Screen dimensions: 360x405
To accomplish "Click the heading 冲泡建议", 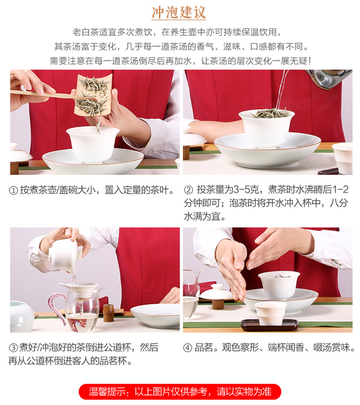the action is coord(179,12).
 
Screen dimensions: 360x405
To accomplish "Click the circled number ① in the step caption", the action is coord(13,190).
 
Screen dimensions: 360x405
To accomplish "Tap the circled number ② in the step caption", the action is coord(188,190).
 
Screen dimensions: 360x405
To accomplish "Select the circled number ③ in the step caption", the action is coord(13,348).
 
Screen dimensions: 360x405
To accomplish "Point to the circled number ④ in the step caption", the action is coord(187,348).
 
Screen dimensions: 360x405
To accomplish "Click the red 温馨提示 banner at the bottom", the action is coord(180,392).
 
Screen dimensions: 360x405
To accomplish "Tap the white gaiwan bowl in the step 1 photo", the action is coord(93,144).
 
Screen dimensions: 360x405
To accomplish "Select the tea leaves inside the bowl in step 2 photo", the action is coord(270,113).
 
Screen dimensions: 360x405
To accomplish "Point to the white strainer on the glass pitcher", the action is coord(79,289).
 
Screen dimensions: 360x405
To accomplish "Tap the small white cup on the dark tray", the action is coord(271,313).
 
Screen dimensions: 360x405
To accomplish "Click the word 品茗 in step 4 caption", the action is coord(204,348).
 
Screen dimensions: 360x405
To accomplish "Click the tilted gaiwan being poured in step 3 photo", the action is coord(65,255).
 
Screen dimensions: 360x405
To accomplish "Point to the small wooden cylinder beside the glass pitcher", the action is coord(108,313).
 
